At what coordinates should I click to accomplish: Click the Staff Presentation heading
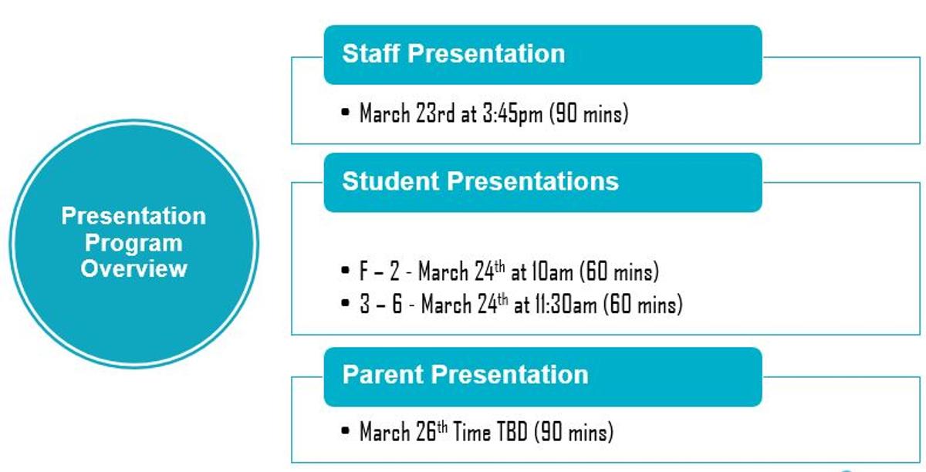pos(454,54)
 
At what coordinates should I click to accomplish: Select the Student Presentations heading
pos(480,181)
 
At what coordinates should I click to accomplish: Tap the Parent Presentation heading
pos(465,375)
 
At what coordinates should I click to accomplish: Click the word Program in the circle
pos(133,244)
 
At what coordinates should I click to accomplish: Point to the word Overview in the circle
pos(133,268)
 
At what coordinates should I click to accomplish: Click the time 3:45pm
pos(512,113)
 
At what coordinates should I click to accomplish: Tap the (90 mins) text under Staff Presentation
pos(589,113)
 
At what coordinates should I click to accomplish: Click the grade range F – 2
pos(380,271)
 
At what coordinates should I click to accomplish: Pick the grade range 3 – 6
pos(380,304)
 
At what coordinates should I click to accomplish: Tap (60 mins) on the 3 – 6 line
pos(643,304)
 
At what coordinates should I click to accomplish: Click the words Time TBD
pos(490,432)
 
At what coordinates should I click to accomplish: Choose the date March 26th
pos(404,431)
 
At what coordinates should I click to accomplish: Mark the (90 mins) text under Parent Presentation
pos(574,432)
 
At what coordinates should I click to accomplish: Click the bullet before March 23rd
pos(346,113)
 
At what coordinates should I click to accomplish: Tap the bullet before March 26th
pos(346,431)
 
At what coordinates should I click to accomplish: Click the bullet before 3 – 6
pos(346,303)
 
